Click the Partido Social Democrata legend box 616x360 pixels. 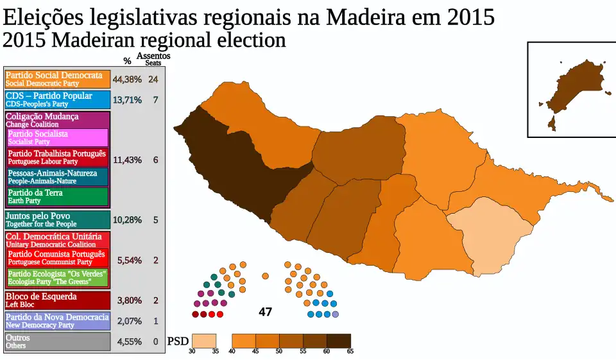pos(57,79)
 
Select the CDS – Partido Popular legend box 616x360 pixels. pos(57,99)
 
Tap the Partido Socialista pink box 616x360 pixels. pos(58,137)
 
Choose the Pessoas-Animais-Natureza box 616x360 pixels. pos(58,177)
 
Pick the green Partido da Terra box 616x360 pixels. pos(58,196)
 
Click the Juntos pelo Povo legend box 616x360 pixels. pos(57,220)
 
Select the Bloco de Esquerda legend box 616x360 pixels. pos(57,300)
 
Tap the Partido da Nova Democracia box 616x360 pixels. pos(57,321)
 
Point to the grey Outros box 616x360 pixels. pos(57,341)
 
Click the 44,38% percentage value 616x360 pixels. pos(127,80)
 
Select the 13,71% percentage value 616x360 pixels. pos(127,100)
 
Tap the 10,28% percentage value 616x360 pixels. pos(127,220)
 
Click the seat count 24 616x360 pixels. pos(153,80)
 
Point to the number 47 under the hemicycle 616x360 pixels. pos(265,313)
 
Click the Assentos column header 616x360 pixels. pos(153,56)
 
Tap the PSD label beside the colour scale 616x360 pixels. pos(178,341)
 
